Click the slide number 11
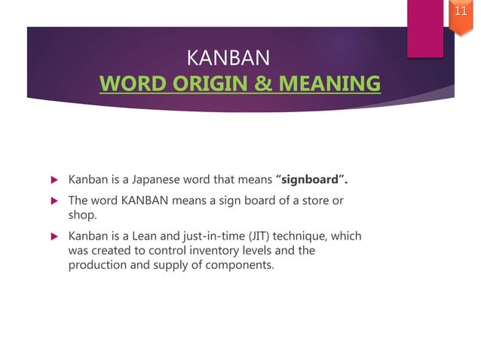point(461,11)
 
